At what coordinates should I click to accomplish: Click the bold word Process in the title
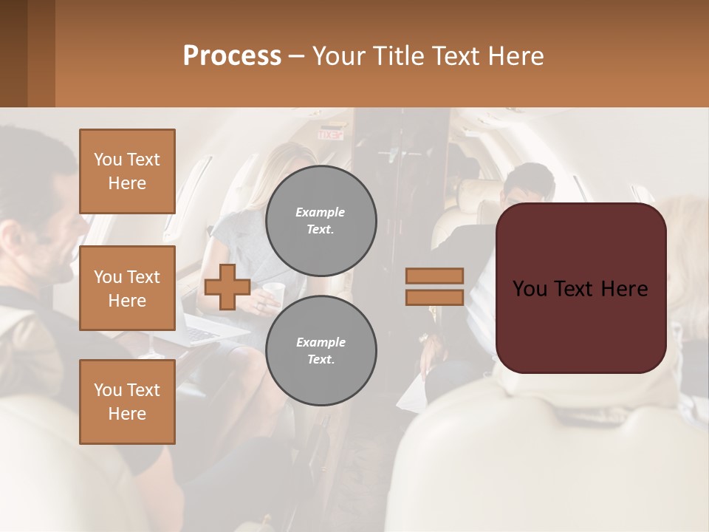click(232, 56)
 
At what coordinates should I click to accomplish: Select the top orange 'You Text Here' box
click(127, 171)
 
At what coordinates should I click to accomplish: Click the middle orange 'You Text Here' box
click(127, 288)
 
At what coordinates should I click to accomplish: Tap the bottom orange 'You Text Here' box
click(127, 401)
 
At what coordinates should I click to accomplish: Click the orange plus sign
click(227, 287)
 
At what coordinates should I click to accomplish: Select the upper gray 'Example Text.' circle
click(321, 221)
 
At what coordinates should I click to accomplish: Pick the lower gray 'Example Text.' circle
click(321, 351)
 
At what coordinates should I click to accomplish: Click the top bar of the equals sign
click(435, 276)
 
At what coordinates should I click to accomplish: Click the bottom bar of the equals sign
click(435, 297)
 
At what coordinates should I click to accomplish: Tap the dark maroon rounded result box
click(580, 288)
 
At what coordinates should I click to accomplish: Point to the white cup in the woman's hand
click(273, 291)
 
